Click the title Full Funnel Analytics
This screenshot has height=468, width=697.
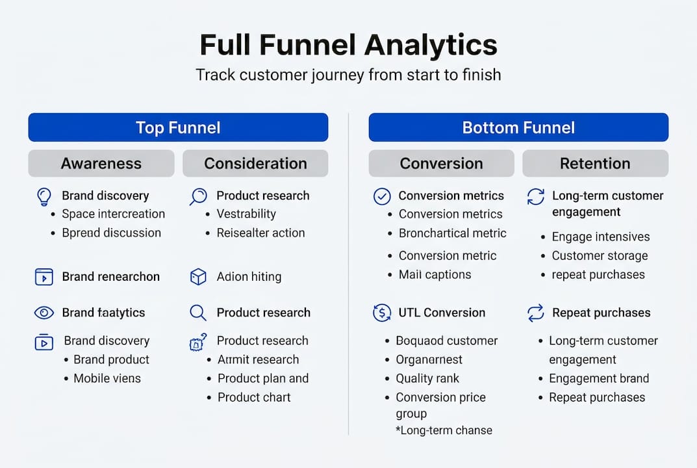348,45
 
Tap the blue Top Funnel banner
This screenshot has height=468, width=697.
178,127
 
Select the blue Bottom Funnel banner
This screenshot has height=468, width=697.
518,127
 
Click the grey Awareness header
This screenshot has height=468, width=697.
101,164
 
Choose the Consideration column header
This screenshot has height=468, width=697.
255,164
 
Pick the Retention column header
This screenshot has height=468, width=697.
595,164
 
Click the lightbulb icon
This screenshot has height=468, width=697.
44,196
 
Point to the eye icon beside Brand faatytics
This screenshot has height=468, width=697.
44,313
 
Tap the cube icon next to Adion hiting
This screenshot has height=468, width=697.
198,277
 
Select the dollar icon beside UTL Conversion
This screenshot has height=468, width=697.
382,313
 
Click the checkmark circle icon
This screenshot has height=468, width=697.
382,196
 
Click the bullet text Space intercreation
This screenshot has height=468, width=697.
113,214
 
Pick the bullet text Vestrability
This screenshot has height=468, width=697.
246,214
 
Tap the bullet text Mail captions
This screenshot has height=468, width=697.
435,274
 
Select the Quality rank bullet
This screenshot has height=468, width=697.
427,378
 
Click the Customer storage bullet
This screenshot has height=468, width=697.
600,255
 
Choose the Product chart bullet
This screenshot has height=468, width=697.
254,397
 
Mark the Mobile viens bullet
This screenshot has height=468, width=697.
107,378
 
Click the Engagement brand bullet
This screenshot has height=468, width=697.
599,378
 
